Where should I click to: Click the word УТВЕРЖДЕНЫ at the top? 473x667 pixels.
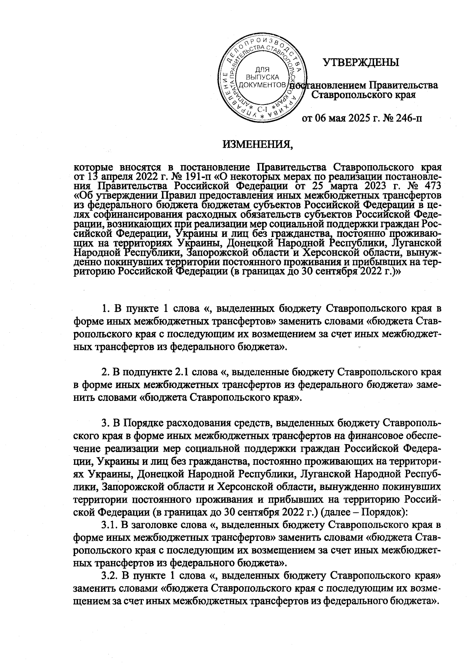point(361,62)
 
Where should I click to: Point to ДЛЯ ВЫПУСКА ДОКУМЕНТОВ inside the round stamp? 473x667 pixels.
point(263,77)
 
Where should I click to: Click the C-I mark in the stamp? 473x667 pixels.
point(262,109)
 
